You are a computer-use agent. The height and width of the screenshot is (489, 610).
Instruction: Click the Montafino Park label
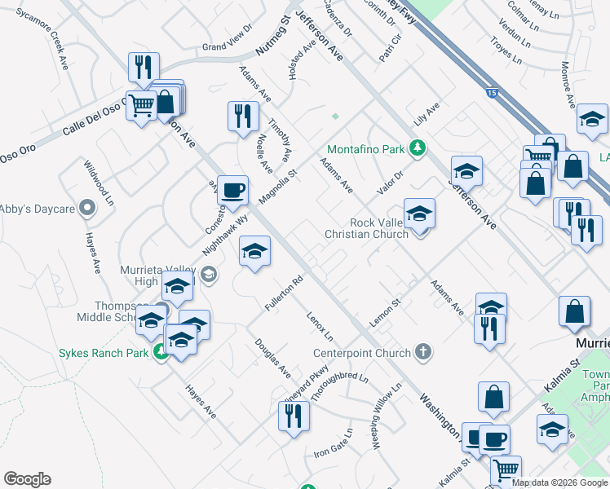click(x=366, y=149)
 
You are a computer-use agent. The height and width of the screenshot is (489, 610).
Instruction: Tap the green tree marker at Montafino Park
click(x=418, y=148)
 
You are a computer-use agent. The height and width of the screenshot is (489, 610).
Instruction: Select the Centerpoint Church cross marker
click(x=422, y=351)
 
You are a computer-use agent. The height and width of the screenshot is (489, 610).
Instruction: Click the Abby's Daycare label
click(x=38, y=209)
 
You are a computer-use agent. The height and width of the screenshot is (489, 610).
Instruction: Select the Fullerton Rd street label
click(x=284, y=293)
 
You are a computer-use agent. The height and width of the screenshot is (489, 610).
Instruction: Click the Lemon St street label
click(x=386, y=313)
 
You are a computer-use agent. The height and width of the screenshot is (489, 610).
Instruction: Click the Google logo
click(x=27, y=479)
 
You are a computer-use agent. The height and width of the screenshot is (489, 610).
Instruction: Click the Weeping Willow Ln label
click(x=387, y=416)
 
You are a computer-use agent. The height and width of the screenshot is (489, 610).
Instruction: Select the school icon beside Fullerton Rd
click(x=254, y=251)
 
